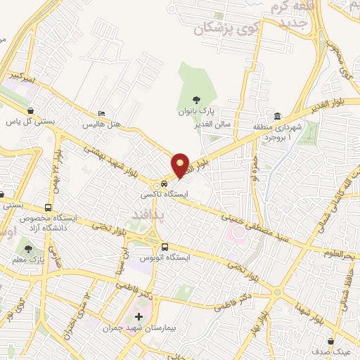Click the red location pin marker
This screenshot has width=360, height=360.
coord(181,166)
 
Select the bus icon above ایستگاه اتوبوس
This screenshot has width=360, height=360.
coord(165,247)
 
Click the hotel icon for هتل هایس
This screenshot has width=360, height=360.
coord(103,114)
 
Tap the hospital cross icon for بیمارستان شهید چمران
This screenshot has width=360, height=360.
coord(139,318)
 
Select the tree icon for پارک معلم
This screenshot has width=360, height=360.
coord(28,249)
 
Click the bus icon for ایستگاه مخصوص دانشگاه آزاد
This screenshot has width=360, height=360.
coord(48,208)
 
